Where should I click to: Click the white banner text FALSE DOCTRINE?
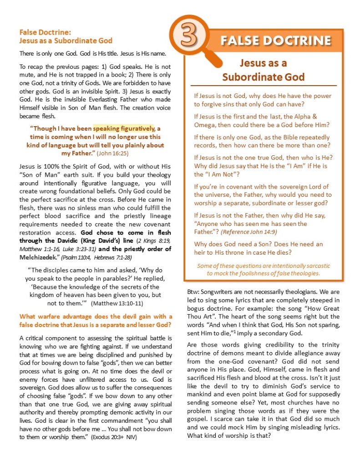[276, 41]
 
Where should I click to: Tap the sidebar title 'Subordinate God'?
[263, 77]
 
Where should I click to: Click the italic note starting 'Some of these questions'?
[264, 269]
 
